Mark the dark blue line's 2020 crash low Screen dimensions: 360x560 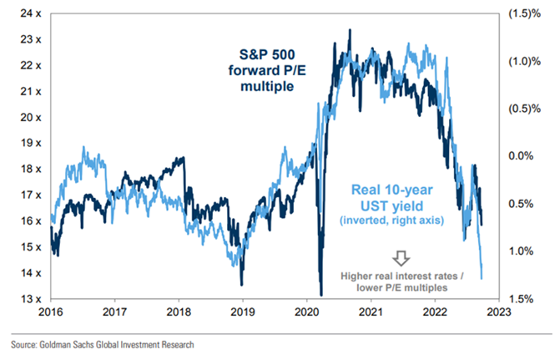point(321,294)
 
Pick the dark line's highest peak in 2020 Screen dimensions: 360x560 point(348,31)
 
